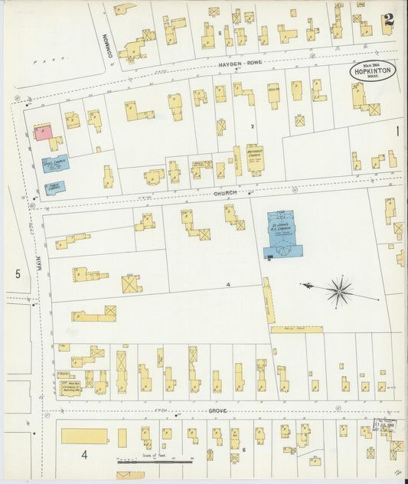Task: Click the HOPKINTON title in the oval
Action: point(374,70)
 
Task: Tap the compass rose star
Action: point(339,290)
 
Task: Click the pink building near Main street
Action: point(42,132)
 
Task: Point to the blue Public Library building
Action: point(54,187)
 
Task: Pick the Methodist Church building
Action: point(254,159)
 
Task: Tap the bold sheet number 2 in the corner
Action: point(389,21)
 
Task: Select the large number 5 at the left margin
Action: point(18,273)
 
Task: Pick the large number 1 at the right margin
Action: point(397,132)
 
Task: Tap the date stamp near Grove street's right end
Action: point(383,422)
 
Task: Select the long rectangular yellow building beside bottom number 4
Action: point(84,436)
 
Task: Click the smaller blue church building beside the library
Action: point(55,162)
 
